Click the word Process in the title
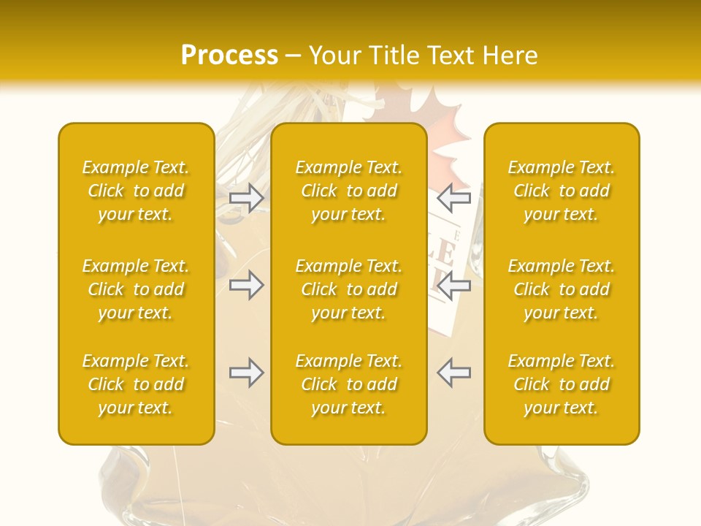(229, 56)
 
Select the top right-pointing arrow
(246, 197)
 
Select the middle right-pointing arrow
(246, 285)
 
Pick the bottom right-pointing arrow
(246, 373)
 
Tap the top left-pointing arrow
(454, 197)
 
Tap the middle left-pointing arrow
(454, 285)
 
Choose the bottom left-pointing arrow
(454, 373)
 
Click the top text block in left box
(136, 191)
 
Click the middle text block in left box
(136, 289)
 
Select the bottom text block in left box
(136, 384)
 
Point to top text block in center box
(349, 191)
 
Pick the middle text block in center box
(349, 289)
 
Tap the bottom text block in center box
(349, 384)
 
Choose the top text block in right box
(562, 191)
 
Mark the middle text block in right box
(562, 289)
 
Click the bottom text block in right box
(562, 384)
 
